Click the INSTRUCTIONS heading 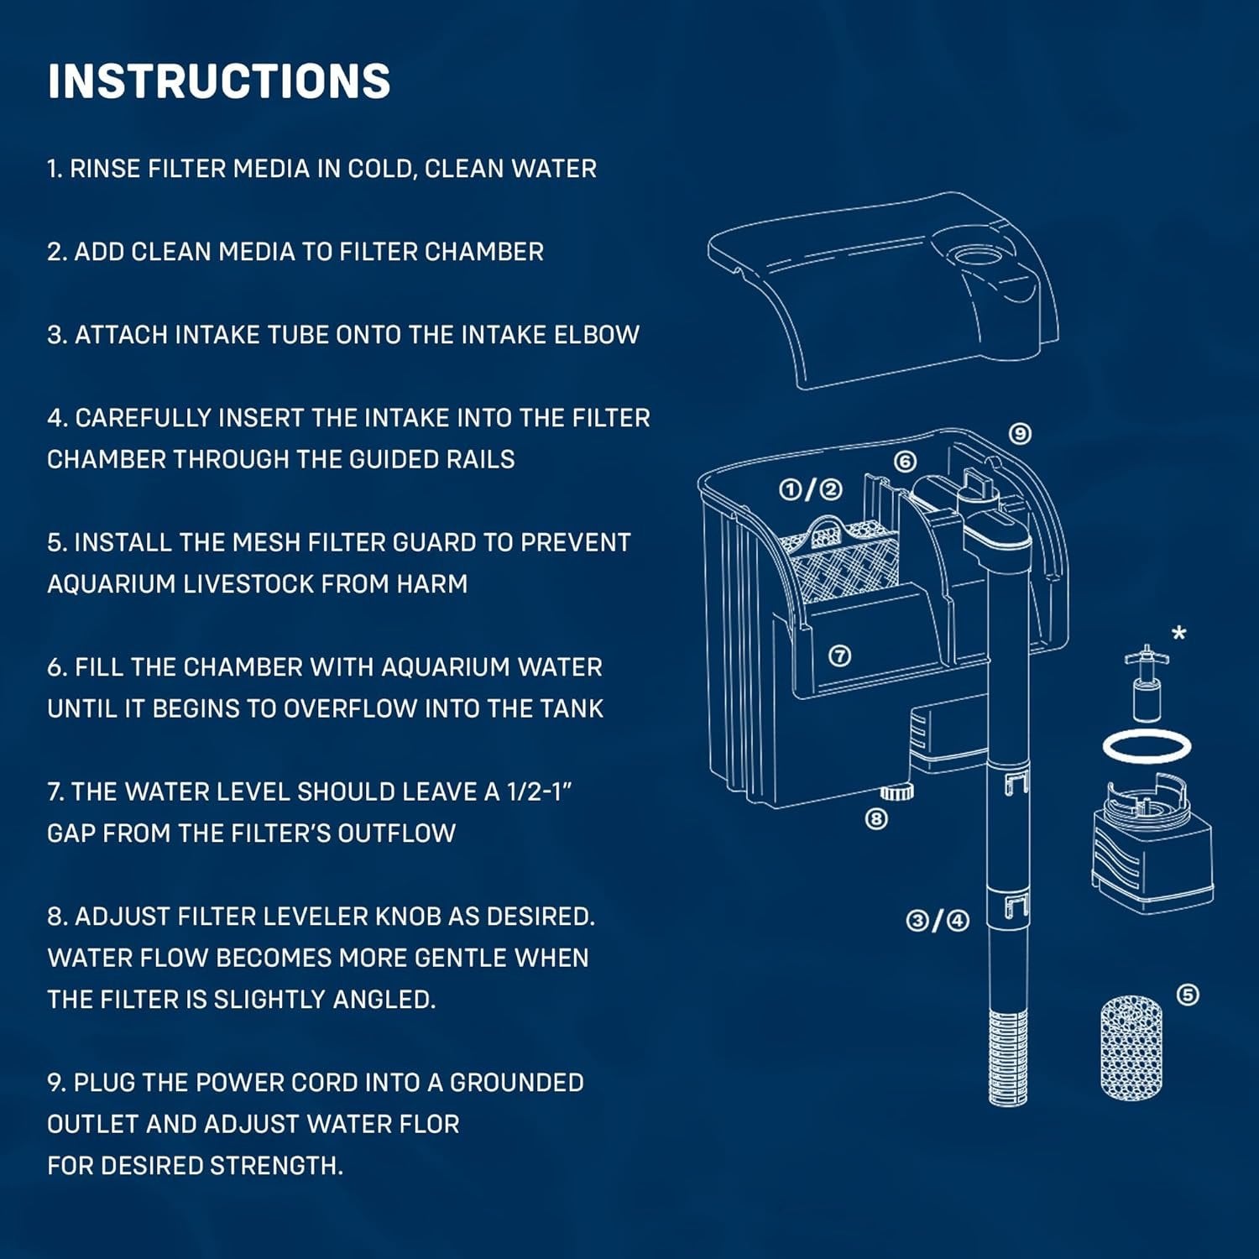(x=219, y=81)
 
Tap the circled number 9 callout (x=1019, y=434)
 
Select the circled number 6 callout (x=905, y=462)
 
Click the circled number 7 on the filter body (x=839, y=656)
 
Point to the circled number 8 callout (x=876, y=818)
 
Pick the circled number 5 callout (x=1188, y=995)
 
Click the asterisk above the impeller (x=1179, y=634)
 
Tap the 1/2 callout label (x=810, y=489)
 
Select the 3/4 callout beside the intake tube (x=938, y=921)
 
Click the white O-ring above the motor (x=1147, y=745)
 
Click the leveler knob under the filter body (x=897, y=791)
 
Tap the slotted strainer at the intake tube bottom (x=1007, y=1058)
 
